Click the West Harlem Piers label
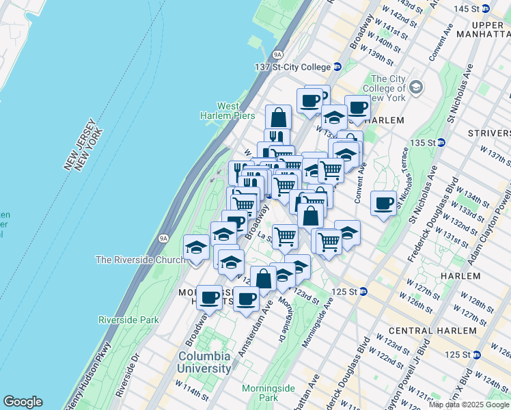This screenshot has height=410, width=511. click(228, 111)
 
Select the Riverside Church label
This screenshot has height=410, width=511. click(140, 260)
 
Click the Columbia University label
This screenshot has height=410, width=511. click(205, 362)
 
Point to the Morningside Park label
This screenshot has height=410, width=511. click(260, 392)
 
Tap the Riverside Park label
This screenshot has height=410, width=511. click(128, 319)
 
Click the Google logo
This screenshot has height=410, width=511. click(23, 402)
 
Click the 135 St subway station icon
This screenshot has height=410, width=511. click(441, 143)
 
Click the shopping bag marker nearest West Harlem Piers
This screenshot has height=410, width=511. click(278, 117)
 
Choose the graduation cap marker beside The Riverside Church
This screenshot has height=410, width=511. click(197, 247)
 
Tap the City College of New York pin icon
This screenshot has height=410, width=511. click(415, 87)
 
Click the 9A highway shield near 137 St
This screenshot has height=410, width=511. click(277, 53)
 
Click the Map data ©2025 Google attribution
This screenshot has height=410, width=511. click(469, 405)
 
